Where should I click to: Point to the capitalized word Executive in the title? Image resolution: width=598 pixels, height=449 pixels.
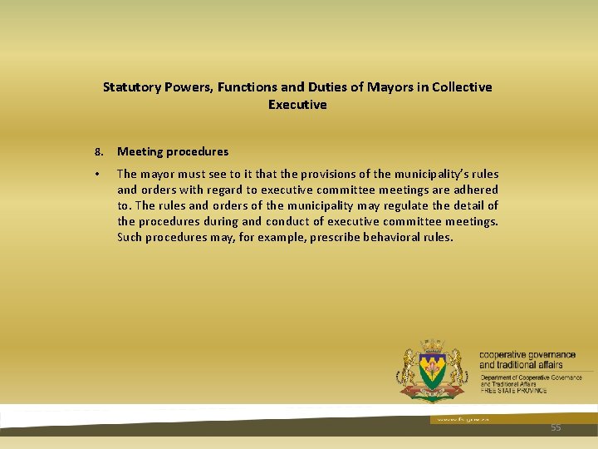(x=297, y=105)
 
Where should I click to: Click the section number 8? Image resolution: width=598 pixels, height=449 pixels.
(x=98, y=152)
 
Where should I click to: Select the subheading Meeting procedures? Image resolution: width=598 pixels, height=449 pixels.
(x=173, y=151)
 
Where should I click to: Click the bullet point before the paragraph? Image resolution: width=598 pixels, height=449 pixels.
(x=98, y=175)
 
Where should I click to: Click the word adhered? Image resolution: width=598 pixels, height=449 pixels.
(x=474, y=190)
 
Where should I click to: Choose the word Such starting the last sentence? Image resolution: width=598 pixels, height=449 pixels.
(x=130, y=237)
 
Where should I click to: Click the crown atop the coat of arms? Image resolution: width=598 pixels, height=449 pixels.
(x=431, y=346)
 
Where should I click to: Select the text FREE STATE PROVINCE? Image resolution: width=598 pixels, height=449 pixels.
(x=512, y=390)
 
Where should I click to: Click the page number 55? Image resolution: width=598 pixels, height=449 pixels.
(x=556, y=427)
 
